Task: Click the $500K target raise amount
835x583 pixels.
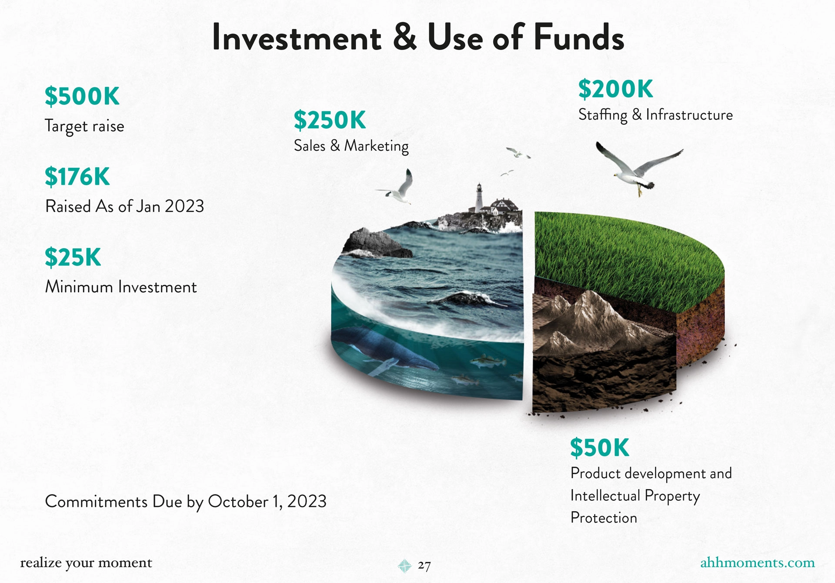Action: tap(82, 96)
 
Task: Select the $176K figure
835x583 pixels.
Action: tap(77, 177)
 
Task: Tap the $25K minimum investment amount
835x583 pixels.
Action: tap(73, 257)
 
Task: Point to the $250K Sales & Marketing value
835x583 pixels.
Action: tap(330, 120)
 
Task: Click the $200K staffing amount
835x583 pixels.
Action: tap(615, 89)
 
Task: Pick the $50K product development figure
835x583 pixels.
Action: tap(600, 447)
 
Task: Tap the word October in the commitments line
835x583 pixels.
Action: tap(238, 502)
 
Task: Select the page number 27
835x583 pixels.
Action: tap(424, 565)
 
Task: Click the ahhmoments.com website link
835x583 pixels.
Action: tap(757, 563)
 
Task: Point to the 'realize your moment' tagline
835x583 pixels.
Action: tap(86, 563)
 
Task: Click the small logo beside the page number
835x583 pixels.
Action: tap(404, 566)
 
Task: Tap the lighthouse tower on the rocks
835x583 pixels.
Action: tap(479, 198)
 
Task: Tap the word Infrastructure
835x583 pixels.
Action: tap(689, 115)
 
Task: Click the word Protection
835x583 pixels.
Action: tap(604, 518)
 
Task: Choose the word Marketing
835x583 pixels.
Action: tap(376, 147)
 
